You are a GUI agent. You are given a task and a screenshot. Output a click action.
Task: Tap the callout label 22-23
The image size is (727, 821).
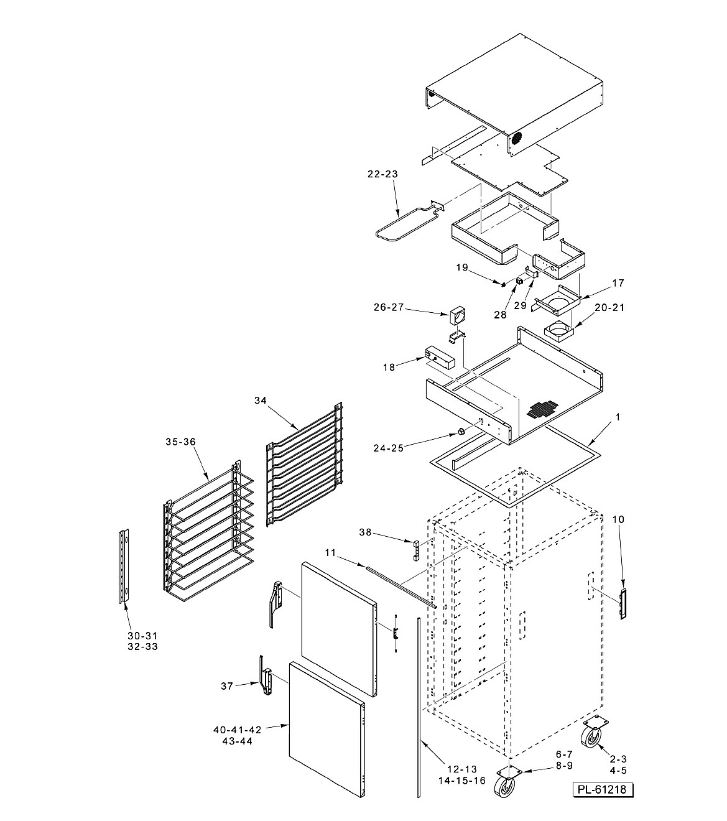point(382,174)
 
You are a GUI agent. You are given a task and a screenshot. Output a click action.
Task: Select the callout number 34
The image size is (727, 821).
point(261,401)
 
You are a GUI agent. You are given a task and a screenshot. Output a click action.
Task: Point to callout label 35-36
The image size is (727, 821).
point(180,442)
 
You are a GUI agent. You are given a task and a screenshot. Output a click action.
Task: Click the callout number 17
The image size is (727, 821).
point(618,283)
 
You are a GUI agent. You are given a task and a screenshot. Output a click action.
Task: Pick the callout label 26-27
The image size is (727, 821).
point(389,307)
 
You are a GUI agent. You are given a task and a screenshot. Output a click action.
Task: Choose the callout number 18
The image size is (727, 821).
point(389,367)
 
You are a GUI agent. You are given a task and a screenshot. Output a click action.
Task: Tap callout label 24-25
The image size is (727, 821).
point(389,448)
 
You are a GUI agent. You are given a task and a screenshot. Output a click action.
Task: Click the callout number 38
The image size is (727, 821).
point(366,532)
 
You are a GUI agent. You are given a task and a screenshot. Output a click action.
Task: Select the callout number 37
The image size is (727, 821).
point(227,686)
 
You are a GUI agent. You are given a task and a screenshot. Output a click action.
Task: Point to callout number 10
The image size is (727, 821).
point(618,519)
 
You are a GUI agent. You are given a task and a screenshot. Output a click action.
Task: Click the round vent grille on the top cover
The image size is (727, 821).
point(517,139)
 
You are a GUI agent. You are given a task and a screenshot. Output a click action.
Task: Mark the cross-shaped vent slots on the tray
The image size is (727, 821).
point(542,409)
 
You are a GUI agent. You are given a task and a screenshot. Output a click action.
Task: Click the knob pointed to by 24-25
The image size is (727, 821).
point(461,432)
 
